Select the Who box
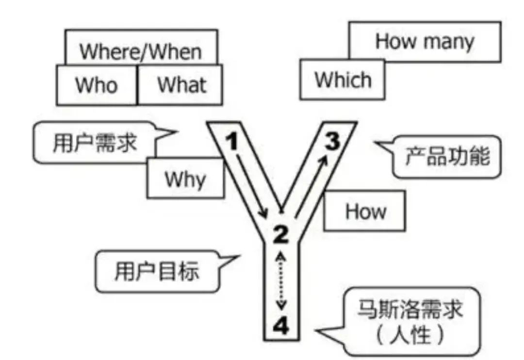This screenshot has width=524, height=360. [x=97, y=85]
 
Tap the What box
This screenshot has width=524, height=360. [x=181, y=85]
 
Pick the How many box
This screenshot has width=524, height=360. [x=425, y=42]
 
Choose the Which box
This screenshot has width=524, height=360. [x=342, y=80]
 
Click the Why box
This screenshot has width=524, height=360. [x=185, y=180]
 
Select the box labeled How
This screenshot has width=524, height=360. [x=364, y=211]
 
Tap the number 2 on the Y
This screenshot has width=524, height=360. [x=280, y=235]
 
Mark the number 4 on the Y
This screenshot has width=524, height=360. [x=281, y=325]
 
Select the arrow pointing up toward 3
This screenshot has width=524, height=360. [x=310, y=187]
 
